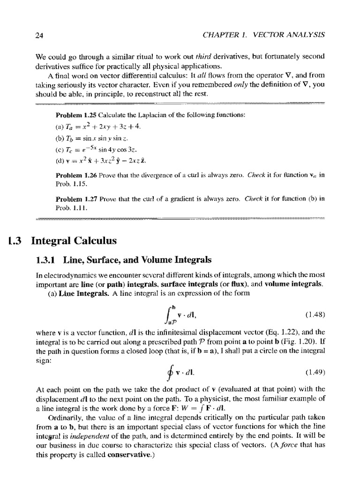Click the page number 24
[x=39, y=35]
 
